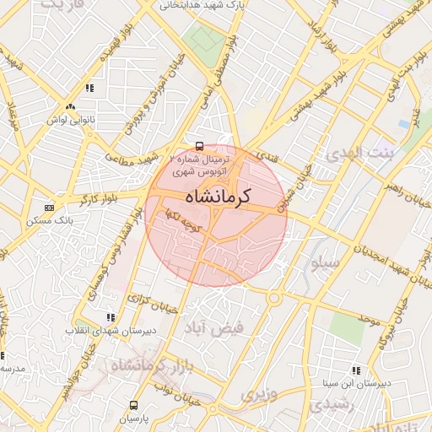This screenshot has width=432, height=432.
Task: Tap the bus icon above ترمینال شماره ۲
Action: [x=199, y=145]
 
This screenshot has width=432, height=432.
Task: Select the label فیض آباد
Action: [x=241, y=326]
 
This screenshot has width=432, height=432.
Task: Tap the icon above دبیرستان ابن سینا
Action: [x=354, y=370]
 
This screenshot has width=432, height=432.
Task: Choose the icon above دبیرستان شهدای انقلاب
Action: [x=110, y=317]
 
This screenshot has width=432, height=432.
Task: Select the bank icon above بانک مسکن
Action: [x=49, y=208]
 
